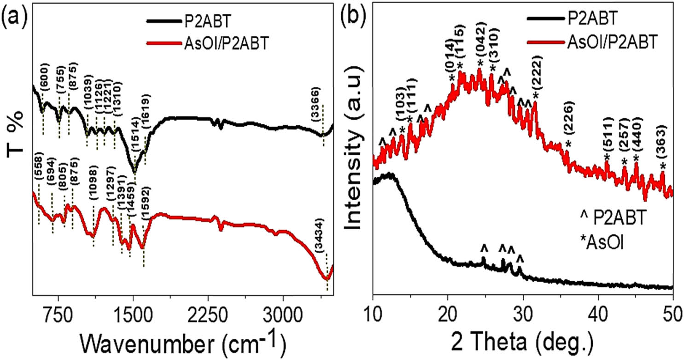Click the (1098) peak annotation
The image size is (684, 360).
pyautogui.click(x=94, y=189)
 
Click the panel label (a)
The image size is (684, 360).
pyautogui.click(x=12, y=11)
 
